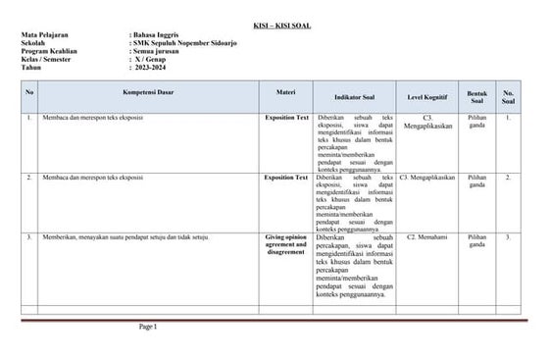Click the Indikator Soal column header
pos(357,98)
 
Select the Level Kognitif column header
pos(428,98)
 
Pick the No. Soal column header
pos(508,97)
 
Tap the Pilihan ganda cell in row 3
pos(476,241)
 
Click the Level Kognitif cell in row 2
pos(427,178)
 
